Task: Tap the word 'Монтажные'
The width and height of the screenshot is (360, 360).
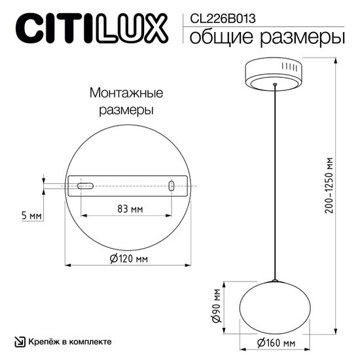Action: (x=125, y=94)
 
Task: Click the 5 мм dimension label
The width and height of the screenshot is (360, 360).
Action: (x=31, y=214)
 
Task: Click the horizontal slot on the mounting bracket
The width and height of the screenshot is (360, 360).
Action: (x=85, y=186)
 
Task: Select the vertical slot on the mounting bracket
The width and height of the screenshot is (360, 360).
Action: (x=171, y=187)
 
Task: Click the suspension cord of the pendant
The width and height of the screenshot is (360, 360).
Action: (x=275, y=183)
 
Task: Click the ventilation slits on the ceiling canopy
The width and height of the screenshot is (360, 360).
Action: (x=291, y=67)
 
